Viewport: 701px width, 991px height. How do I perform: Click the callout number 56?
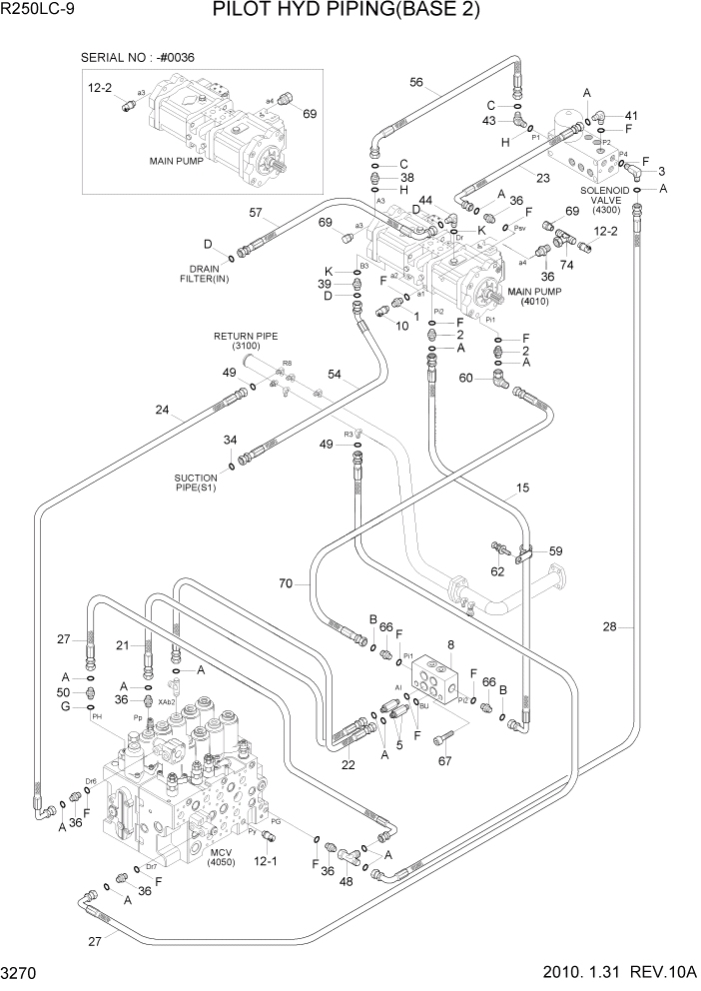click(x=416, y=83)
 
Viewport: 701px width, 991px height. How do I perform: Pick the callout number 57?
click(x=256, y=213)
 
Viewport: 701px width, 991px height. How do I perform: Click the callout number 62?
click(x=496, y=572)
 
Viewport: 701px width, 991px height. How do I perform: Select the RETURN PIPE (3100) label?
click(x=245, y=341)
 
